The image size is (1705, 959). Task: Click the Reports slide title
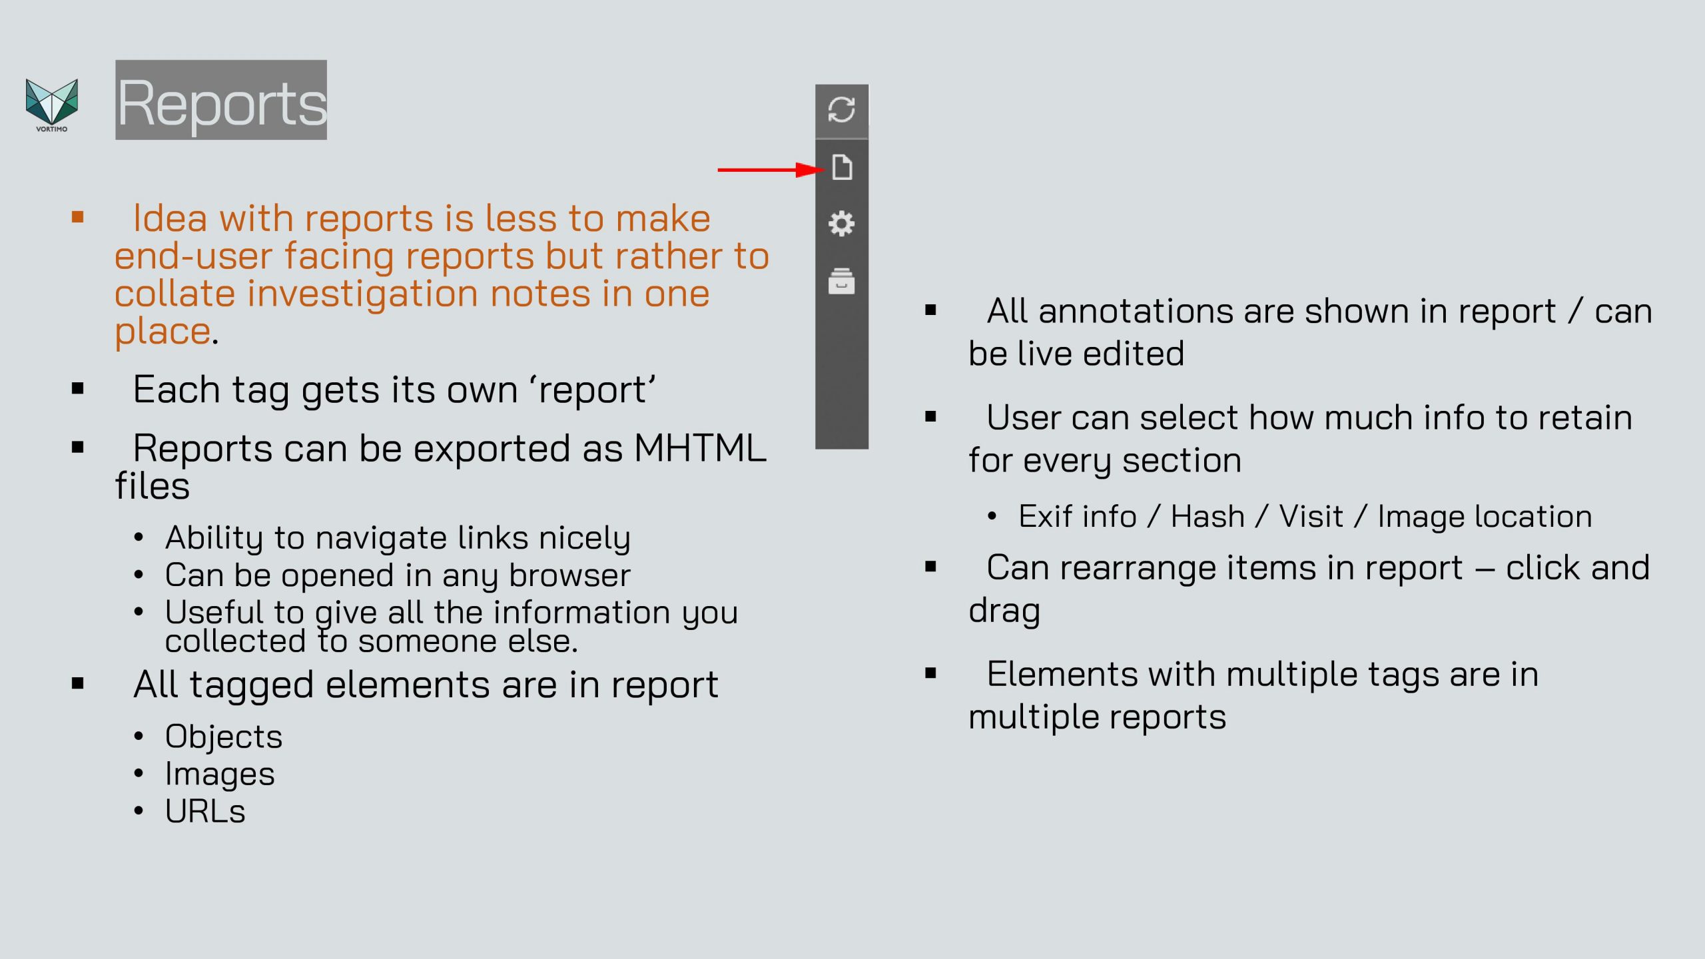(221, 101)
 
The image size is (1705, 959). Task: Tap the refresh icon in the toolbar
(841, 110)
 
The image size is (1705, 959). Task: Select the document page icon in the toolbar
(842, 167)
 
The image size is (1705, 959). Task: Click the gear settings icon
(841, 224)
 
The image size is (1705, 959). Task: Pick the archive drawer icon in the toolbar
(841, 281)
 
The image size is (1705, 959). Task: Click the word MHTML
(700, 448)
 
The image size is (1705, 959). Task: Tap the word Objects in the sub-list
(224, 737)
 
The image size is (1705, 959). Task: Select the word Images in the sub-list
(220, 775)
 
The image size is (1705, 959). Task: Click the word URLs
(205, 811)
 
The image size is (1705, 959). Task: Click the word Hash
(1207, 516)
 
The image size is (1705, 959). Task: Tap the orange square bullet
(78, 217)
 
